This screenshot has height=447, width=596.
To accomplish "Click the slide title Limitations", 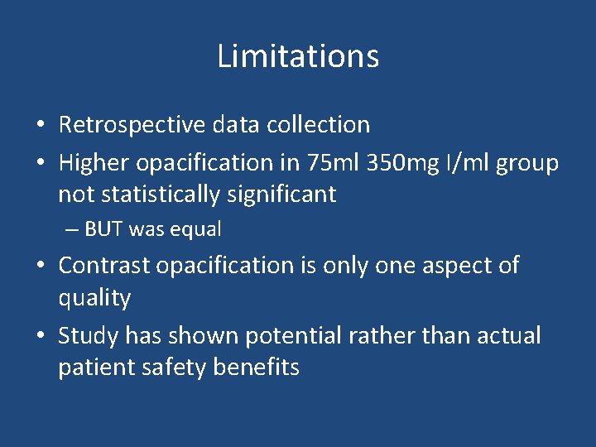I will point(298,56).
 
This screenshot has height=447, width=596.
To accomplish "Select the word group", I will point(527,164).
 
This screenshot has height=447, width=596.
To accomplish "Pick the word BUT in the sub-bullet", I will point(103,229).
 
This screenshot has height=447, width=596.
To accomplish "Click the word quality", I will point(94,298).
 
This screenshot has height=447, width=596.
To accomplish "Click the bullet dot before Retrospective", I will point(40,126).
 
